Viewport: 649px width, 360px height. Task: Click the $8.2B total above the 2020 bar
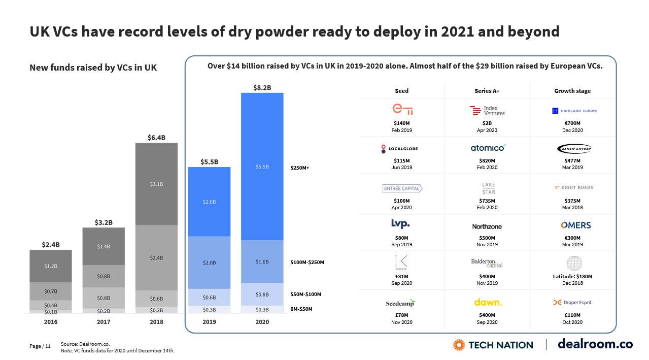point(262,87)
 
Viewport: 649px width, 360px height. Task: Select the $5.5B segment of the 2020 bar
point(262,167)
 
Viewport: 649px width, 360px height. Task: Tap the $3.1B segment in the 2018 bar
point(156,184)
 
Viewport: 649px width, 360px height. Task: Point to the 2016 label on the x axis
point(51,322)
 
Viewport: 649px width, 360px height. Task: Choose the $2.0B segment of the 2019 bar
point(209,263)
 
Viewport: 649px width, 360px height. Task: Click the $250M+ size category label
point(300,167)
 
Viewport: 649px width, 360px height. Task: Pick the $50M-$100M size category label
point(306,294)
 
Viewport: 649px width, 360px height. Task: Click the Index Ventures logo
point(487,111)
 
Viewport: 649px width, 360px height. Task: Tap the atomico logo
point(487,148)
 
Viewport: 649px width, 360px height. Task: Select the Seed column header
point(401,91)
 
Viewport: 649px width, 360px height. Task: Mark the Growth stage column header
point(572,91)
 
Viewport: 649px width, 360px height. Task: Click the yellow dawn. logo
point(488,303)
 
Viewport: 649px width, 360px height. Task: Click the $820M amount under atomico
point(487,161)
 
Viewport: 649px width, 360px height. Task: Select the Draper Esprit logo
point(572,303)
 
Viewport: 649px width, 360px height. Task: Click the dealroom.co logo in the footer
point(595,344)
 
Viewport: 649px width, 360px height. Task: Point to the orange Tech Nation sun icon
point(459,345)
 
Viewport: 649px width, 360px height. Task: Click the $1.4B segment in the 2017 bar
point(104,246)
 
